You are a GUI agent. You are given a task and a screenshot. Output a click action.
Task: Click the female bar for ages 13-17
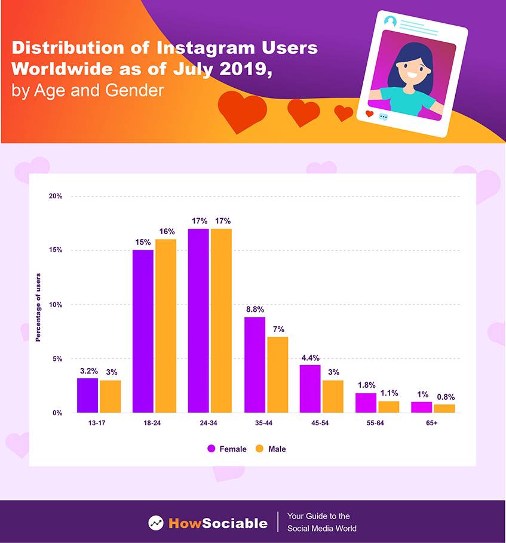[x=87, y=395]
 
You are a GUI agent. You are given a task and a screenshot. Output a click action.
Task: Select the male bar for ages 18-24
[x=165, y=326]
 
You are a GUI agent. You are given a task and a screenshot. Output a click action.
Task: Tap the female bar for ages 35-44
[x=254, y=365]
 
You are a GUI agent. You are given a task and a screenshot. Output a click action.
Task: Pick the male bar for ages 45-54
[x=333, y=397]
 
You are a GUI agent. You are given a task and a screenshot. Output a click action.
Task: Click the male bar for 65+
[x=444, y=409]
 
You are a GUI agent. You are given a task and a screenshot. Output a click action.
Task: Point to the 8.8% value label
[x=254, y=309]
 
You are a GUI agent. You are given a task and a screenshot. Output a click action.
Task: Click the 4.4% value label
[x=309, y=358]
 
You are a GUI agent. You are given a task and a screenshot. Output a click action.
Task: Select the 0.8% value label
[x=445, y=397]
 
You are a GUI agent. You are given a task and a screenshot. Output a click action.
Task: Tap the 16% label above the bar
[x=166, y=232]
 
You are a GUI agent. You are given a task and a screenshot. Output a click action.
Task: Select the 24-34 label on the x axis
[x=210, y=423]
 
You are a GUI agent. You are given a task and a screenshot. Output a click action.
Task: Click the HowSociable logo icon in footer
[x=156, y=523]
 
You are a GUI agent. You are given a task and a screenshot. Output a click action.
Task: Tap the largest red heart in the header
[x=241, y=111]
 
